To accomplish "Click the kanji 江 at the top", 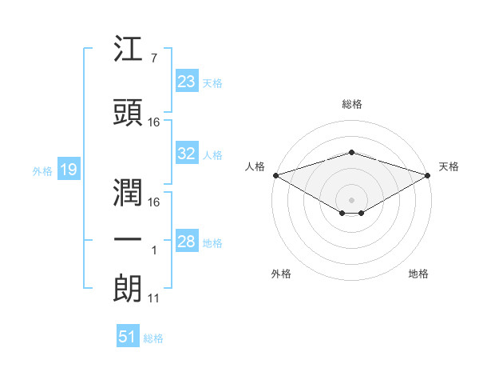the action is [x=128, y=48].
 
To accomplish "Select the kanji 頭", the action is [x=128, y=112].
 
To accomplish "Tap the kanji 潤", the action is [x=128, y=192].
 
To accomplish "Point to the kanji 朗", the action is [x=128, y=289].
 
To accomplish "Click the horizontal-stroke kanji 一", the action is [x=128, y=239].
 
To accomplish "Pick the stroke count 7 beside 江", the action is [x=154, y=58].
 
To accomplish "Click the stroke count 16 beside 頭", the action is [x=153, y=122].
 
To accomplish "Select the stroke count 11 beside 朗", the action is [x=153, y=298].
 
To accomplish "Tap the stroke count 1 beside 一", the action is [x=154, y=250].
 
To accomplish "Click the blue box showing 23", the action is [x=187, y=81].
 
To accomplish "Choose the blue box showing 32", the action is [x=187, y=153].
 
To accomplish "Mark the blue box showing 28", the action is [x=187, y=240].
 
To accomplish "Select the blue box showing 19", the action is [x=69, y=169].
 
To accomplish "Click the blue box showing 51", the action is [x=128, y=335].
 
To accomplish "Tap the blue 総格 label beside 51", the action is [x=153, y=338].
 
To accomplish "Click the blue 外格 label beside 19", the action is [x=42, y=171].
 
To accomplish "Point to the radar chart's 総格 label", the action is [x=352, y=104].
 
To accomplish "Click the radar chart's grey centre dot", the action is [x=351, y=200].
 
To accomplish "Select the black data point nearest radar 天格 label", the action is [x=428, y=175].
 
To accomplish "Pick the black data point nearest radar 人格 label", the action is [x=276, y=175].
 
